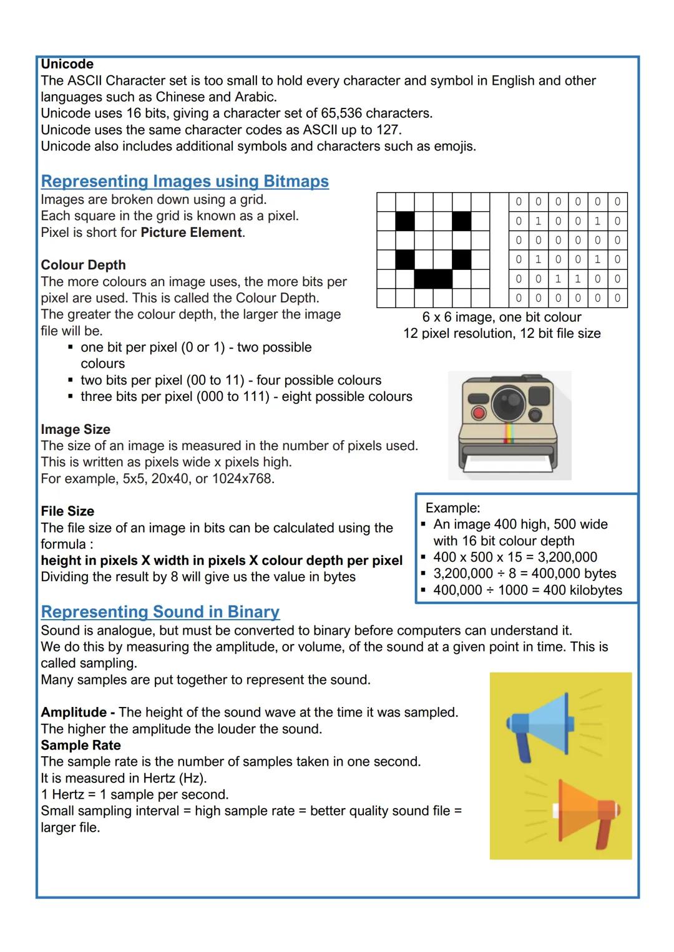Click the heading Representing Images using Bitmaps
point(185,181)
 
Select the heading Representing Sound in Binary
point(160,612)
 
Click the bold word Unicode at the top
point(67,64)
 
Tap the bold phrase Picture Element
point(192,233)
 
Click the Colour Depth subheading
point(83,265)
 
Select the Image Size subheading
point(76,430)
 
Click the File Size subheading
point(67,511)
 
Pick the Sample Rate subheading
point(81,745)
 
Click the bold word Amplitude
point(74,713)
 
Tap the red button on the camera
point(479,412)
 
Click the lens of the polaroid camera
point(509,405)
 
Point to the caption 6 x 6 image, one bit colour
point(502,317)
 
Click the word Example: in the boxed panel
point(452,508)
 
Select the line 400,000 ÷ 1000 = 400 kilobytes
point(527,590)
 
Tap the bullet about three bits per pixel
point(246,397)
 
